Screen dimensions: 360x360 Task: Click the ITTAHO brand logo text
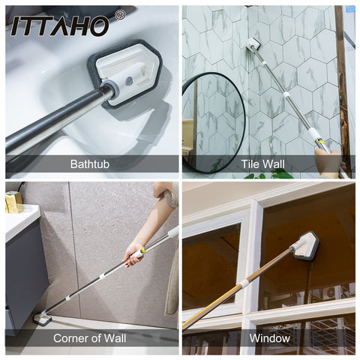point(60,25)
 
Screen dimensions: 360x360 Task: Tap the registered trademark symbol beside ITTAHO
point(120,15)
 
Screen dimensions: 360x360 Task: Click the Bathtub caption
point(90,164)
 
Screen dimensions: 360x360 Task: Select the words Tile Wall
point(262,164)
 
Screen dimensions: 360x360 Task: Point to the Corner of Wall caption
point(90,338)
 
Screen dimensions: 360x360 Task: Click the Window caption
point(270,338)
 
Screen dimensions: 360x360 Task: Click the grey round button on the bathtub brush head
point(129,81)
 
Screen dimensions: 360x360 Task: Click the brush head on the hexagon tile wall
point(253,44)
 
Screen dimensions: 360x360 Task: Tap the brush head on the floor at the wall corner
point(43,319)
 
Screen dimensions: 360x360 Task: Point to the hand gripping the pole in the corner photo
point(133,253)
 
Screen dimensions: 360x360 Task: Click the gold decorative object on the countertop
point(13,202)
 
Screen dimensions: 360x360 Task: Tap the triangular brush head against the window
point(306,246)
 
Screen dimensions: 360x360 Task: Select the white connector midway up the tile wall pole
point(286,95)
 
